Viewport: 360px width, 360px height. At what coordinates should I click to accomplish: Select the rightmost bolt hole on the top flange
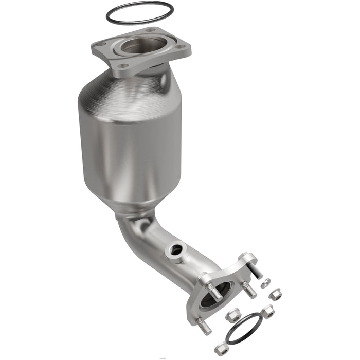(x=181, y=47)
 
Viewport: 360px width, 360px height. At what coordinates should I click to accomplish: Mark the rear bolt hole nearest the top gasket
(x=150, y=30)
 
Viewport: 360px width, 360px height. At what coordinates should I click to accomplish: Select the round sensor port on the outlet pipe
(x=176, y=250)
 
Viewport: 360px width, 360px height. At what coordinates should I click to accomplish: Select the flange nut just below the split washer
(x=276, y=295)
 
